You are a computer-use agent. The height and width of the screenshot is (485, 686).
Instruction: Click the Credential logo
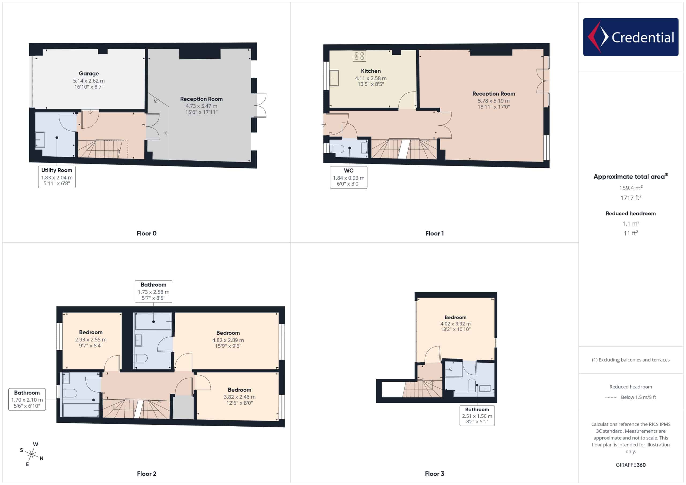pos(631,37)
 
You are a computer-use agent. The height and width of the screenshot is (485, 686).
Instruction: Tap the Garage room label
pos(89,73)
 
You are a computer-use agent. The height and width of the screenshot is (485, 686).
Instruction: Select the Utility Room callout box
pos(57,177)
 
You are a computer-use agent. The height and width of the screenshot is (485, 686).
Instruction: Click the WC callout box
pos(348,177)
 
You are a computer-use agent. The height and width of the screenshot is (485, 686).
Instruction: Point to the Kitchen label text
pos(371,71)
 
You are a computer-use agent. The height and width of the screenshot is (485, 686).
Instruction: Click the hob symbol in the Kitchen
pos(359,56)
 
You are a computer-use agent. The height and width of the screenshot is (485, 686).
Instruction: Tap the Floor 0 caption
pos(146,233)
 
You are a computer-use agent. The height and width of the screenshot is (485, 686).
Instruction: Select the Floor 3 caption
pos(434,474)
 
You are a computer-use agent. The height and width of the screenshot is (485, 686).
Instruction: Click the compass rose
pos(31,454)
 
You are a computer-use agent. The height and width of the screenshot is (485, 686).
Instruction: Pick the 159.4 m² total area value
pos(631,188)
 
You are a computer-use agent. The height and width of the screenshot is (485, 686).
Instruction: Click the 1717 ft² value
pos(631,197)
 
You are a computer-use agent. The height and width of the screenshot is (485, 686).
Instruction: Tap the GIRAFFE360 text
pos(631,465)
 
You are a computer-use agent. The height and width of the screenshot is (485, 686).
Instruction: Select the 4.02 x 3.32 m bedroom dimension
pos(455,324)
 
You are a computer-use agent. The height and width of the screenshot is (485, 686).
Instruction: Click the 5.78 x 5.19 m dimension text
pos(494,101)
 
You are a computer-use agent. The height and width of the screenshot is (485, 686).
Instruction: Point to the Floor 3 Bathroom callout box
pos(477,415)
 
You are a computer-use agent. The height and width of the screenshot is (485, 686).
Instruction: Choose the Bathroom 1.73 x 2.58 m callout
pos(153,291)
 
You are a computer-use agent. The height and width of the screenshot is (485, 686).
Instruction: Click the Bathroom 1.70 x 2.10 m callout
pos(27,399)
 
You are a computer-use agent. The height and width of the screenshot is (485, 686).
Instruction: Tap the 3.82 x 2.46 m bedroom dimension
pos(239,397)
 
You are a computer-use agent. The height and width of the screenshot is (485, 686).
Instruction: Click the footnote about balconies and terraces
pos(631,360)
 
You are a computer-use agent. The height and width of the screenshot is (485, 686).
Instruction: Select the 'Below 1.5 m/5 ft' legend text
pos(638,397)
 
